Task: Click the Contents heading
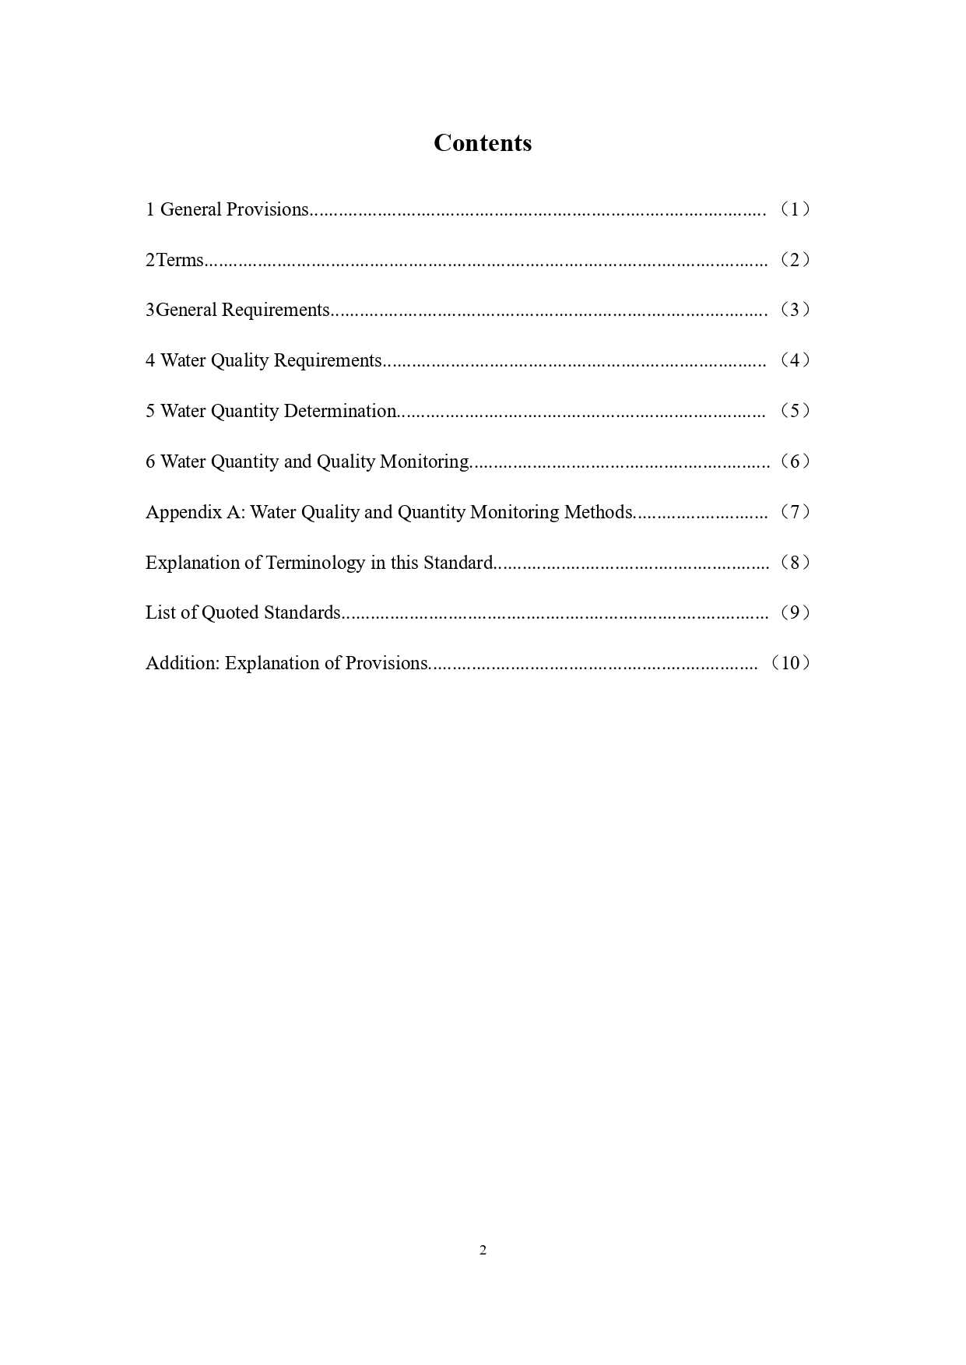(x=483, y=143)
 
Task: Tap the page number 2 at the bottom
(x=483, y=1250)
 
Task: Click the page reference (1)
(x=795, y=209)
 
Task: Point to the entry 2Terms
(x=174, y=260)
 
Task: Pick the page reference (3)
(x=795, y=310)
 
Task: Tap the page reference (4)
(x=795, y=360)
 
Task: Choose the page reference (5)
(x=795, y=411)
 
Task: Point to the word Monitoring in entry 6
(x=424, y=462)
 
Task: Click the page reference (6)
(x=795, y=461)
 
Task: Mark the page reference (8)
(x=795, y=563)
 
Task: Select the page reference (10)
(x=791, y=663)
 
